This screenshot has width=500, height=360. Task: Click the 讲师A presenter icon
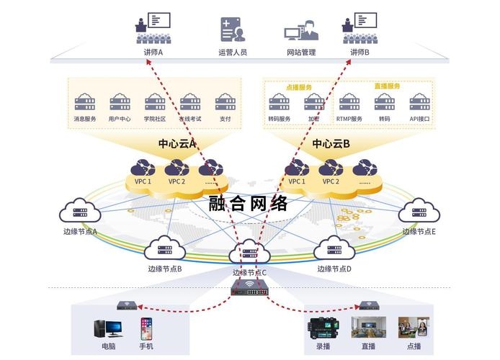pos(153,27)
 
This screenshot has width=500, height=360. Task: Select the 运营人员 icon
pos(232,29)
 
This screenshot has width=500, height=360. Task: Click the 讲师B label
pos(360,53)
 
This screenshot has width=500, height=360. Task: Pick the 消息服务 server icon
pos(85,101)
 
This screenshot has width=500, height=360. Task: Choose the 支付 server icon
pos(226,101)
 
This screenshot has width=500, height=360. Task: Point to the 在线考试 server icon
pos(190,101)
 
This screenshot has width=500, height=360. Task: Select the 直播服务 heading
pos(387,86)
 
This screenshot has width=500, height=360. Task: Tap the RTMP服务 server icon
pos(349,102)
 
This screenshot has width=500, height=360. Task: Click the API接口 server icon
pos(419,102)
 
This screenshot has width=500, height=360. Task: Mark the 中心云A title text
pos(177,144)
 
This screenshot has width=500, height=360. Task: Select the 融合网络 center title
pos(249,203)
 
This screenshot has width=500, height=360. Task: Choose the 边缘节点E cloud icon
pos(419,212)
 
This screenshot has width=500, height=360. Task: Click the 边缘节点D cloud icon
pos(334,250)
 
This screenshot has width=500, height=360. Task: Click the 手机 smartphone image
pos(146,329)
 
